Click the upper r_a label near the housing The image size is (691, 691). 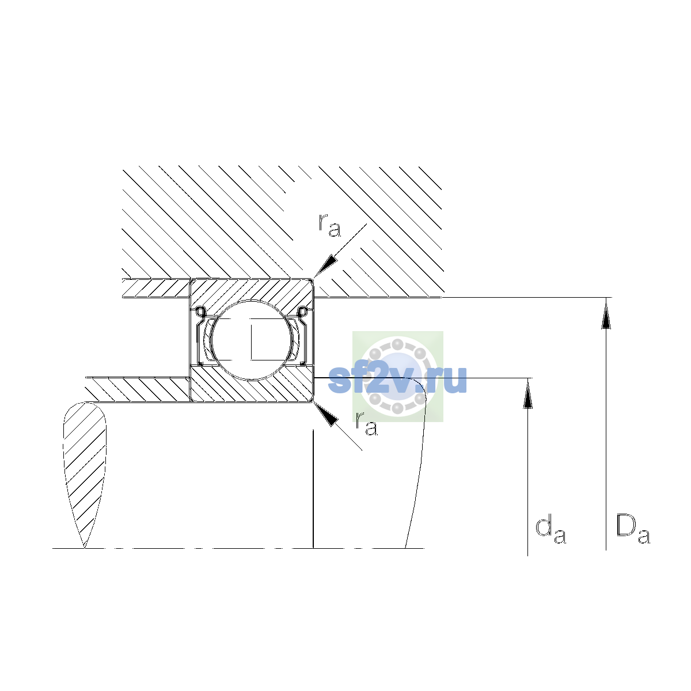click(x=329, y=226)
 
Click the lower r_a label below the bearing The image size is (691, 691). click(x=366, y=423)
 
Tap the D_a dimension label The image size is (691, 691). click(x=632, y=529)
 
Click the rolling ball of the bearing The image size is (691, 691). click(x=252, y=340)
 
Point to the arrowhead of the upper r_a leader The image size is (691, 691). click(x=325, y=268)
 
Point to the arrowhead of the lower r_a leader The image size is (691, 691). click(x=325, y=414)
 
